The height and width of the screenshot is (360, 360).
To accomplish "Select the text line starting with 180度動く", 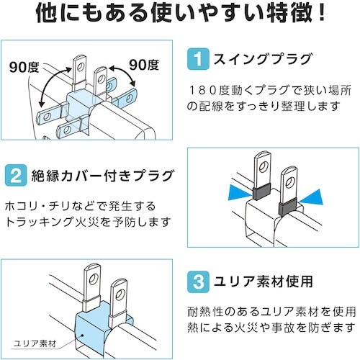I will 269,90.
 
